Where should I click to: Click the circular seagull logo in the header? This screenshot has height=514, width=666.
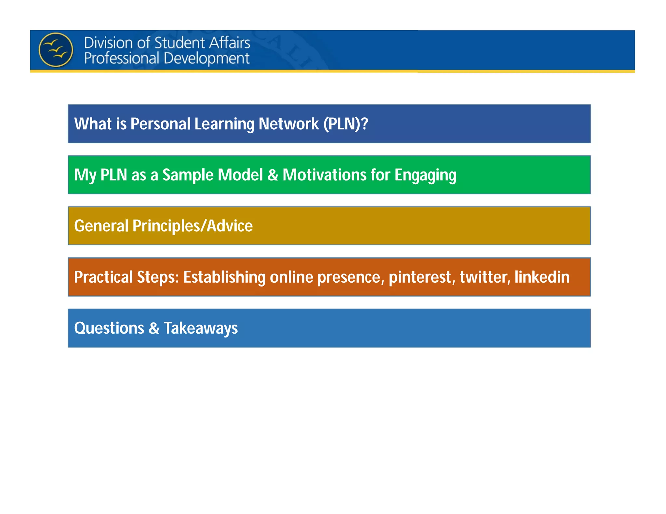(56, 50)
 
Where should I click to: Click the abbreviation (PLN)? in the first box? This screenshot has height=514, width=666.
(345, 124)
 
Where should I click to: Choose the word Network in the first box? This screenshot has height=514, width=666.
(288, 124)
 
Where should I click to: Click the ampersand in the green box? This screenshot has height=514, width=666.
(273, 175)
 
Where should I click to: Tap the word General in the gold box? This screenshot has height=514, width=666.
(101, 226)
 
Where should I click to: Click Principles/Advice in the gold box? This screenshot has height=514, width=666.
(193, 226)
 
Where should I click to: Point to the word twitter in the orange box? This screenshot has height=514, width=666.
(485, 277)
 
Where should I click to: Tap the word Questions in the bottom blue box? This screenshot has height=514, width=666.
(109, 328)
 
